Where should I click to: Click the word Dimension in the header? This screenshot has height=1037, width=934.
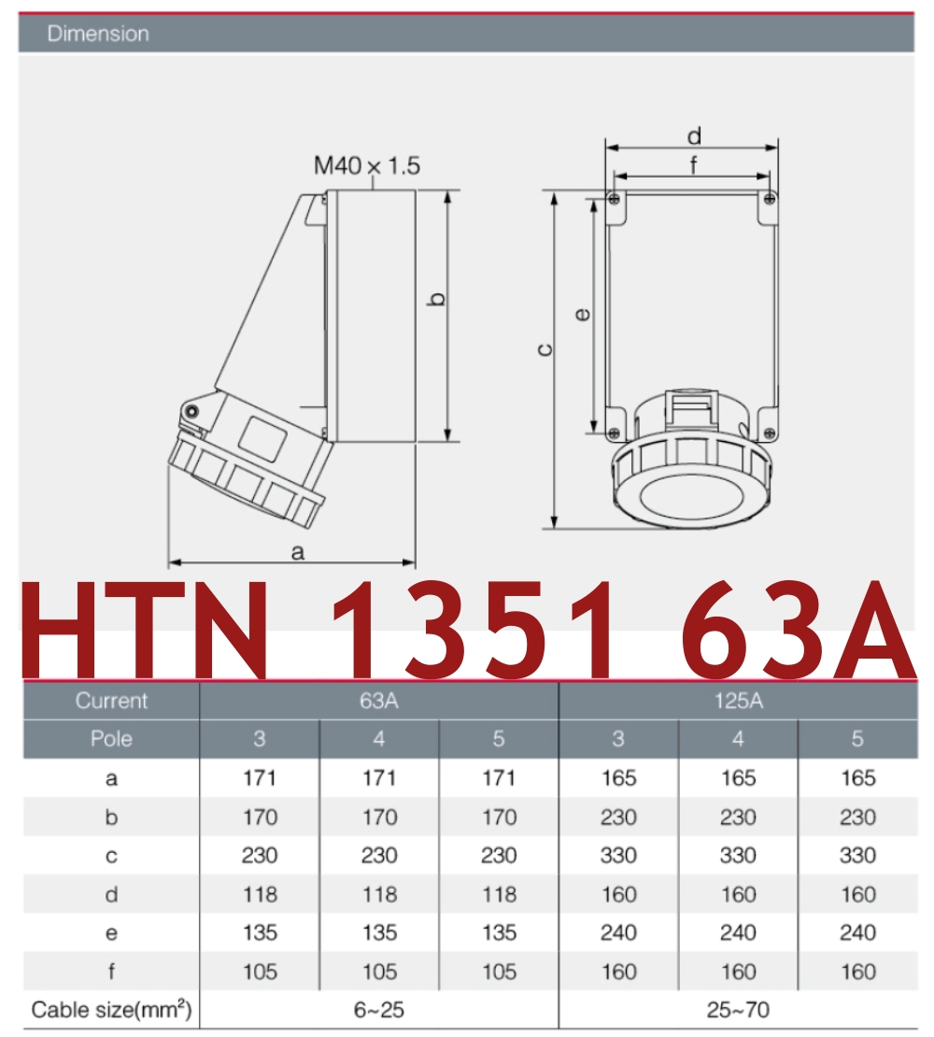coord(98,35)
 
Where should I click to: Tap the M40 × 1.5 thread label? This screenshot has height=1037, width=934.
coord(366,166)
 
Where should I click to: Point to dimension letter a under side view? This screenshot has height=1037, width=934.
coord(298,552)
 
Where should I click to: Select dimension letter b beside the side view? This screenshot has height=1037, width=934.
coord(436,299)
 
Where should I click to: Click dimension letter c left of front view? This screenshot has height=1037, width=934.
coord(546,350)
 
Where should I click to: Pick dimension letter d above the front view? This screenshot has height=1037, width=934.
coord(694,136)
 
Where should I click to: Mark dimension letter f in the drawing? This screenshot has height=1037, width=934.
coord(694,165)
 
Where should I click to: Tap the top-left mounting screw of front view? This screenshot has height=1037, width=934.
coord(613,199)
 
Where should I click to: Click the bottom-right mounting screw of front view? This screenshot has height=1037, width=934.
coord(768,432)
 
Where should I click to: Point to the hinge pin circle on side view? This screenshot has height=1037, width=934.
coord(191,412)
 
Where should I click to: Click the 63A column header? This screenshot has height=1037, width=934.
coord(378,701)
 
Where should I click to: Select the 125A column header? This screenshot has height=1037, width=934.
coord(738,701)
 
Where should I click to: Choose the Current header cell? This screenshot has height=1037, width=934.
coord(111,701)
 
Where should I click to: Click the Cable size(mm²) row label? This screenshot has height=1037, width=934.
coord(111,1010)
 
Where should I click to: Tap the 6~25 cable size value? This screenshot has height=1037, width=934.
coord(378,1010)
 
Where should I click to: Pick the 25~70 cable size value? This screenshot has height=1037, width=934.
coord(738,1010)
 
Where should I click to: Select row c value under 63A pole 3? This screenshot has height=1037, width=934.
coord(260,856)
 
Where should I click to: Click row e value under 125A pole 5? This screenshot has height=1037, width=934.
coord(857,932)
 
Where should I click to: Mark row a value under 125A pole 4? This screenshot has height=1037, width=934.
coord(738,778)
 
